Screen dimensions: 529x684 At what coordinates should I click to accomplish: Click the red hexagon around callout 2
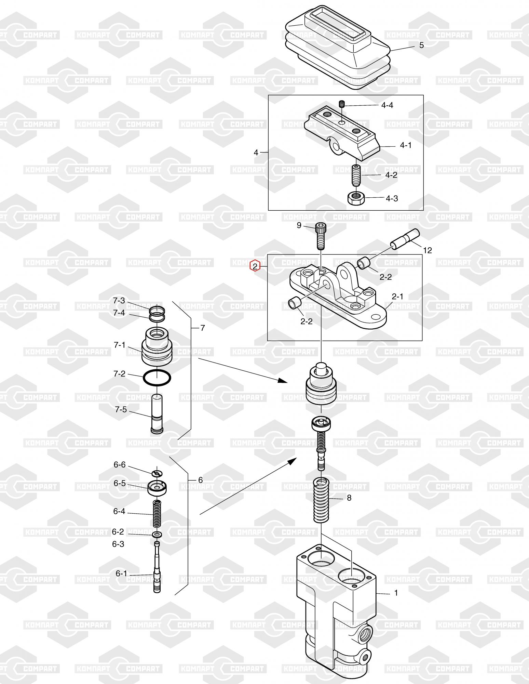255,266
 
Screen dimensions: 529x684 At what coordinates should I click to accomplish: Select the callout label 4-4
387,105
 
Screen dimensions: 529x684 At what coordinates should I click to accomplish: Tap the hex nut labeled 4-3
356,198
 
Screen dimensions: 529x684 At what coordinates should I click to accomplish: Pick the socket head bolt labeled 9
320,235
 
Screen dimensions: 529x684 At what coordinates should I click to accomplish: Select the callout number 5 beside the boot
421,45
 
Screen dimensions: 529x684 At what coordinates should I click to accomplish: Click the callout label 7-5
121,409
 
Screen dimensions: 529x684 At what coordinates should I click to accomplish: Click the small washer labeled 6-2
157,534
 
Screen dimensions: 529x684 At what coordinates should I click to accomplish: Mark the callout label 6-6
120,465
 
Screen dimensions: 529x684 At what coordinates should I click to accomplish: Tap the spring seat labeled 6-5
157,487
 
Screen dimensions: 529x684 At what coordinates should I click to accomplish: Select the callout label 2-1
397,297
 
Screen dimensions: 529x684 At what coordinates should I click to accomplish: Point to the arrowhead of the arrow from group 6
291,461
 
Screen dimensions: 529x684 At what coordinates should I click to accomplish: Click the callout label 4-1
406,145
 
